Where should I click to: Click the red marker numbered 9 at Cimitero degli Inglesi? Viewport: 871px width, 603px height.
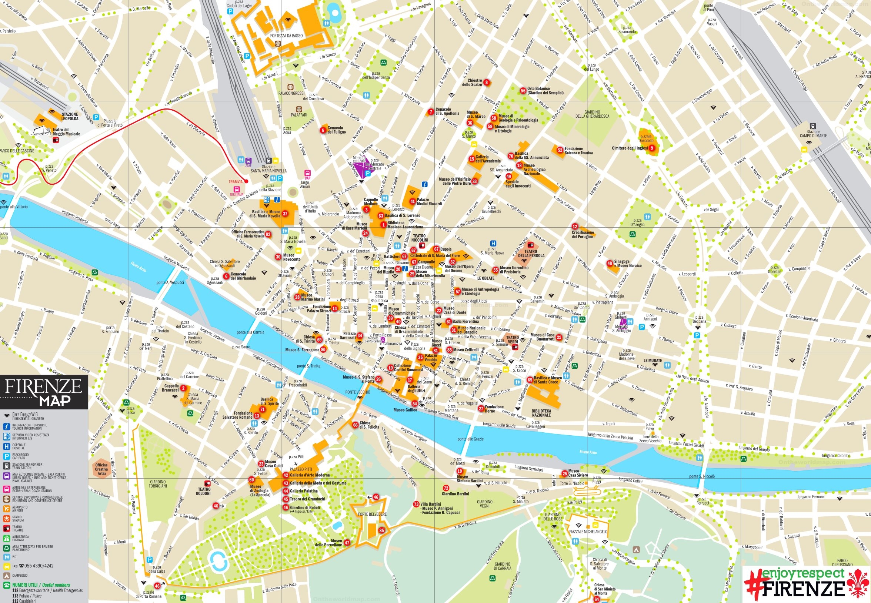click(x=651, y=148)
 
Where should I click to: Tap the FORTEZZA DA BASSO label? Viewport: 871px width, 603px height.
click(x=286, y=36)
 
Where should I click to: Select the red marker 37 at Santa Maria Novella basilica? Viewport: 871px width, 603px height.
click(x=285, y=214)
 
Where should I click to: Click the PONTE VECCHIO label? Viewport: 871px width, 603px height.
click(x=357, y=392)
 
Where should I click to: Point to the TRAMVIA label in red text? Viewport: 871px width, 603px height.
click(x=236, y=182)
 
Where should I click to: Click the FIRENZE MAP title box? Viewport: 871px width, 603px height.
click(x=43, y=392)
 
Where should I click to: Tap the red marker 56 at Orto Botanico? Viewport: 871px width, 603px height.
click(x=523, y=91)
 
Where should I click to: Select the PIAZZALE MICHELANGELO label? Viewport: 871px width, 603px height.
click(x=588, y=531)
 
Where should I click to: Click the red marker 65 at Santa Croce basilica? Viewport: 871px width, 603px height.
click(x=530, y=380)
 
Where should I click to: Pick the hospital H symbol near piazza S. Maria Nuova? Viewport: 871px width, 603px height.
click(x=493, y=244)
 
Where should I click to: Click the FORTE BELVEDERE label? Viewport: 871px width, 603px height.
click(x=372, y=514)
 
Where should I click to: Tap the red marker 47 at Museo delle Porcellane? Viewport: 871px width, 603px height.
click(x=347, y=543)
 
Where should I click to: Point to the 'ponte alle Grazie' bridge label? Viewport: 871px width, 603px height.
click(x=470, y=439)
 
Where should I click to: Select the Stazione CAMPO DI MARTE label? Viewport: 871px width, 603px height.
click(x=813, y=134)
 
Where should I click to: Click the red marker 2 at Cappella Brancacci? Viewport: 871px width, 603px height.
click(x=183, y=388)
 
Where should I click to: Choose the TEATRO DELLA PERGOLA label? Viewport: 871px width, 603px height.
click(x=531, y=254)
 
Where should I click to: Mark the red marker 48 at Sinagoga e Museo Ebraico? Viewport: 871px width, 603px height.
click(x=610, y=263)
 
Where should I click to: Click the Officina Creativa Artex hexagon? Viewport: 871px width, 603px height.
click(x=101, y=469)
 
